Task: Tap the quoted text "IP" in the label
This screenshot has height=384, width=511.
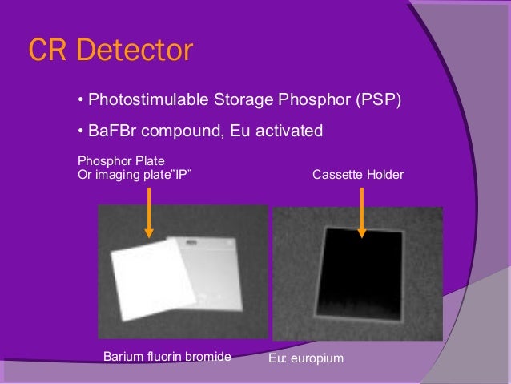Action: pos(183,173)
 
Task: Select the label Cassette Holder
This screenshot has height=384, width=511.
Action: pos(357,173)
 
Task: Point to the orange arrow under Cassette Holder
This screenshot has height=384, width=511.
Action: pos(362,210)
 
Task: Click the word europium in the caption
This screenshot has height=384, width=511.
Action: pos(318,358)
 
